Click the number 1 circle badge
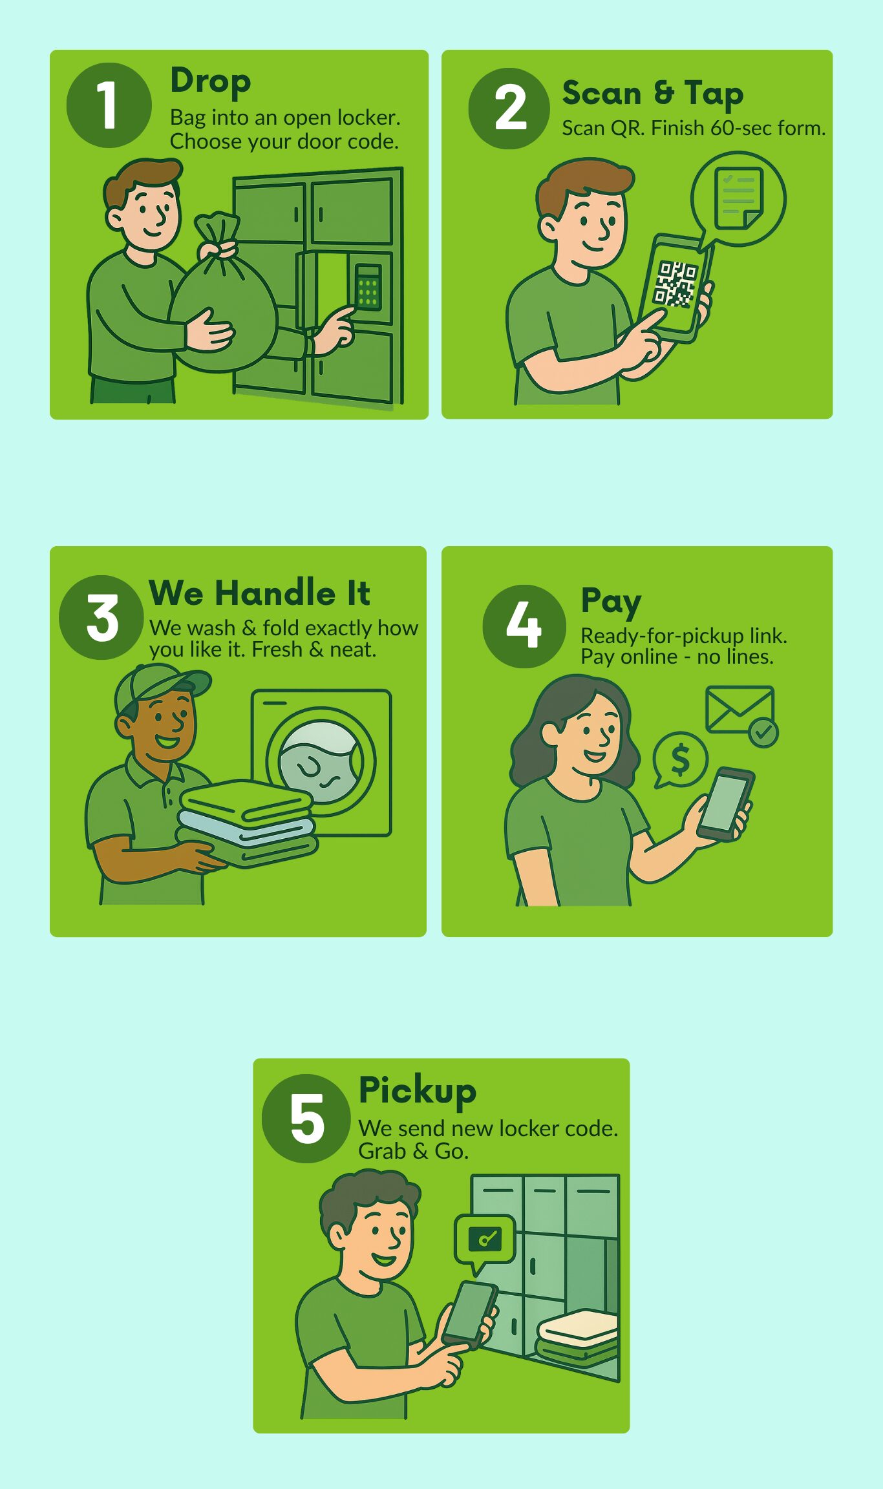(109, 105)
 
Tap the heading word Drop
(210, 82)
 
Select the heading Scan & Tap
(653, 94)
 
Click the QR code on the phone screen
(675, 283)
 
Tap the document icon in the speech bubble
(739, 197)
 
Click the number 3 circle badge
(101, 618)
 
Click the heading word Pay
(610, 601)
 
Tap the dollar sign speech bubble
(680, 759)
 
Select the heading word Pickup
(418, 1091)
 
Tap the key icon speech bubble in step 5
(485, 1238)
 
